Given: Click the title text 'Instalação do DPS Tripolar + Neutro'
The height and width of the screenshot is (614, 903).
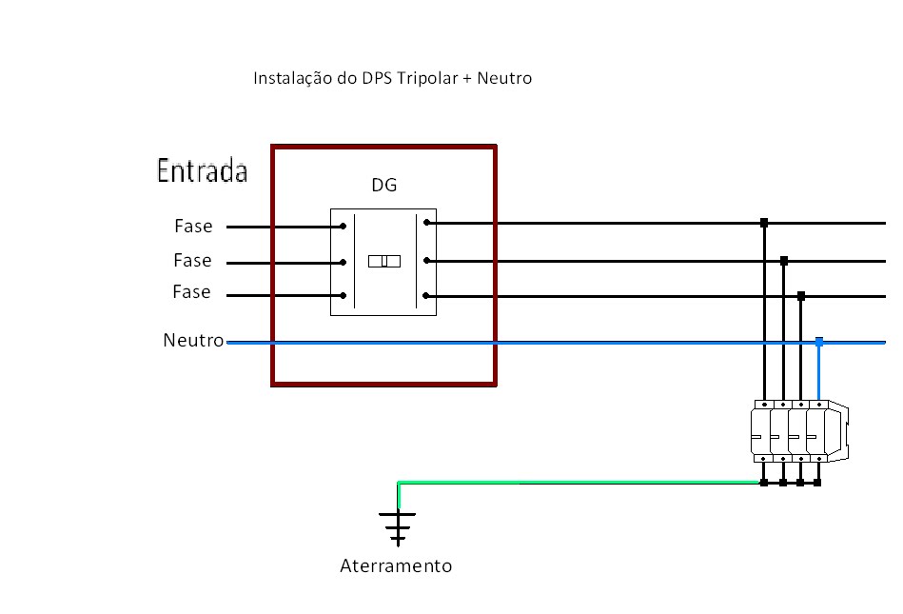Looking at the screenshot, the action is [392, 78].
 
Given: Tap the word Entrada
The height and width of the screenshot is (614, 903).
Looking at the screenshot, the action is [202, 172].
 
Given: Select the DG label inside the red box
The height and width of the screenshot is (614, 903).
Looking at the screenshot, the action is [383, 185].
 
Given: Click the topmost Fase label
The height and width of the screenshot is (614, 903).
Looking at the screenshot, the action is [193, 227].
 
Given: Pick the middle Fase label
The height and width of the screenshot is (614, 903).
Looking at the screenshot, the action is [192, 260].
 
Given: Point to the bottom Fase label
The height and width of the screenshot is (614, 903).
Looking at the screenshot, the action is [191, 292].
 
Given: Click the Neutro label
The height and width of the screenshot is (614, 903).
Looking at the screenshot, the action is [193, 340].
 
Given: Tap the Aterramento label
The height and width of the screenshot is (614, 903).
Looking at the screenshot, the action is [396, 566].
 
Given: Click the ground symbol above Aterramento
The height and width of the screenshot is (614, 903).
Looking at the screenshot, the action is [398, 525].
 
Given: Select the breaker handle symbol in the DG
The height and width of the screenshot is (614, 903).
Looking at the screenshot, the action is [384, 260].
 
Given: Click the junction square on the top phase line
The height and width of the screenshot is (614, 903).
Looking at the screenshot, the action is [764, 224].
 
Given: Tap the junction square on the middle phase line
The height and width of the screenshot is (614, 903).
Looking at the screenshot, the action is [783, 260].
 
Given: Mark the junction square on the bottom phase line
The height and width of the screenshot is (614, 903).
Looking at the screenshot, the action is [801, 296].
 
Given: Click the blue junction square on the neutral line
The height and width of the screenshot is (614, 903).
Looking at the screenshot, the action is [819, 340].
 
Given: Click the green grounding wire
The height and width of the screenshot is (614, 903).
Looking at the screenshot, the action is [571, 483].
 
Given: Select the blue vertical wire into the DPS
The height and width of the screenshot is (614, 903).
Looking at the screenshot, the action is [819, 371].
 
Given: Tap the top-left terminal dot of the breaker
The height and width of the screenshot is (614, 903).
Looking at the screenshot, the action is [343, 227].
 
